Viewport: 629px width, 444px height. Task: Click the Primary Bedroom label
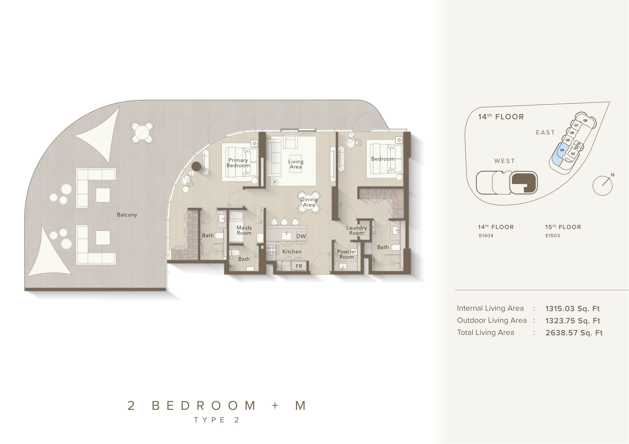coord(238,163)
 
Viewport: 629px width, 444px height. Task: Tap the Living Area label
coord(296,164)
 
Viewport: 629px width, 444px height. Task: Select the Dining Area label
coord(309,202)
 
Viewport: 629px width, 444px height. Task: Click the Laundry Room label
coord(356,230)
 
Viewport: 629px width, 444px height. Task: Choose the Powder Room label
coord(347,254)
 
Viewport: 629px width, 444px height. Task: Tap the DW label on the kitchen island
coord(301,236)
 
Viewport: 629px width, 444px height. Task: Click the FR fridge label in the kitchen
coord(299,266)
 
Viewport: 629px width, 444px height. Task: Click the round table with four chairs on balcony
coord(142,133)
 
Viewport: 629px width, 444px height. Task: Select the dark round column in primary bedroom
coord(196,166)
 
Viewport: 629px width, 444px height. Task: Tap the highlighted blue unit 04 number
coord(562,150)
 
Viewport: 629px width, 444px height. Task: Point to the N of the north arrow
coord(613,175)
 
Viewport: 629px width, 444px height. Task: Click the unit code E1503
coord(553,236)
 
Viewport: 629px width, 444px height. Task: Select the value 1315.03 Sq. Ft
coord(573,309)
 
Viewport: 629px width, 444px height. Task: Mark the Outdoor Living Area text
coord(492,320)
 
